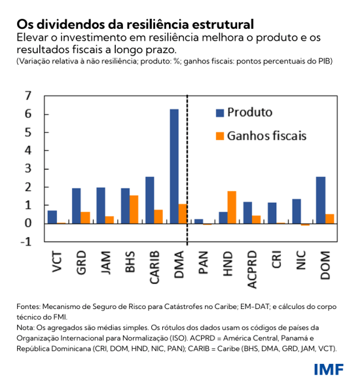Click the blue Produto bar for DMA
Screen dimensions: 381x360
click(174, 166)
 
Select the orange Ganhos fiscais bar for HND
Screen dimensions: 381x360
click(231, 207)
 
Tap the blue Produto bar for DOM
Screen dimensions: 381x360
click(321, 200)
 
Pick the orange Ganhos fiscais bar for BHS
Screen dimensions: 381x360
click(134, 209)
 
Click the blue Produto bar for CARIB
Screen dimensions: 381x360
click(149, 200)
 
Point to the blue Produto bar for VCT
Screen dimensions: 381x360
click(52, 217)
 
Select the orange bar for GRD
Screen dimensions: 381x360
click(85, 217)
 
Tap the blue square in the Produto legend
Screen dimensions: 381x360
click(220, 113)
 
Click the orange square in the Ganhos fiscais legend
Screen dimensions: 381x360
click(220, 136)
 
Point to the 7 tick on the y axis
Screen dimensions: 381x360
click(27, 96)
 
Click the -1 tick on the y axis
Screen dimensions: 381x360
click(26, 242)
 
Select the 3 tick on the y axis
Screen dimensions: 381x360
click(27, 169)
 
